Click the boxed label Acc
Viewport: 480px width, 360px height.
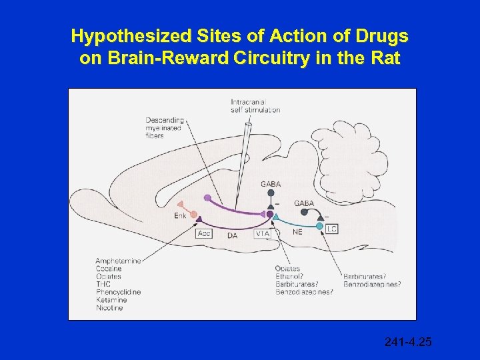(205, 233)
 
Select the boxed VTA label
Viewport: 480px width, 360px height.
(262, 234)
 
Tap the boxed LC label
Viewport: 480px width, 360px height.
(331, 229)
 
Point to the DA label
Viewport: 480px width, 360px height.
(232, 235)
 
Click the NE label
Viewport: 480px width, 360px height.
(297, 232)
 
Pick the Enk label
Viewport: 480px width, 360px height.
(179, 215)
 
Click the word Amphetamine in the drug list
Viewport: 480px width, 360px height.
(118, 261)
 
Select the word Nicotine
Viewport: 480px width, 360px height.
(109, 308)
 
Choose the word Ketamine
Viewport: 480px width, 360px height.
(111, 300)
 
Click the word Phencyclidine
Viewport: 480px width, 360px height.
(118, 292)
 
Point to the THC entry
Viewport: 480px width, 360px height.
(103, 284)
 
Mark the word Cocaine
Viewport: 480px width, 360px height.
(109, 269)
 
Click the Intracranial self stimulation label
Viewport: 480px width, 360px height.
(255, 105)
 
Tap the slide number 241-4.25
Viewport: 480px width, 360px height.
(408, 342)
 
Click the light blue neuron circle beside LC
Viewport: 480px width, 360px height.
(319, 226)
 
